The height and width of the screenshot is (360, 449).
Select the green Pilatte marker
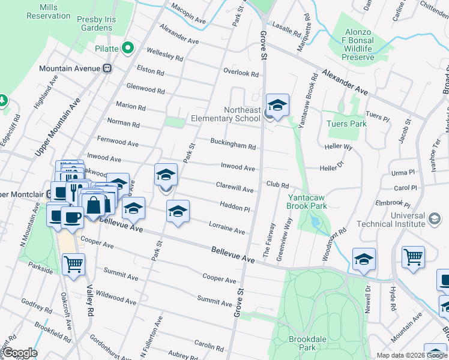point(127,48)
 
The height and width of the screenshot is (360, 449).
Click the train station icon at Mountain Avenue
point(108,68)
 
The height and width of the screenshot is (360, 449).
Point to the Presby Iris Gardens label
point(103,23)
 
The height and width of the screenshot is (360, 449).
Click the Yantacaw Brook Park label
point(307,202)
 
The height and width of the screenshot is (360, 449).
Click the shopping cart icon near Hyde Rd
point(413,257)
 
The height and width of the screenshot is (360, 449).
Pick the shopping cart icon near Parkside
point(73,264)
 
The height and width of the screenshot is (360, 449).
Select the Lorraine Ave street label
point(226,229)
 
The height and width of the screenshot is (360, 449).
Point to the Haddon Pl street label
point(235,208)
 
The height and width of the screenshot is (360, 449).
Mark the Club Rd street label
point(278,185)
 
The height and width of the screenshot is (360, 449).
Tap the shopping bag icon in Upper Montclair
point(94,205)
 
